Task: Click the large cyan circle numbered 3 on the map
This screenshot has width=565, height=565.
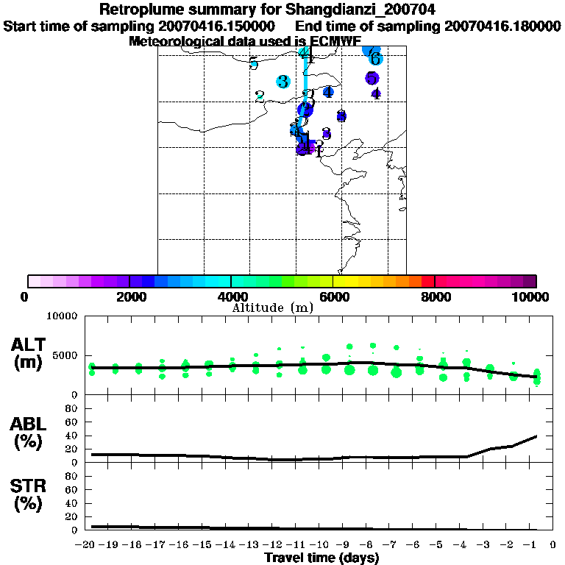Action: click(x=283, y=82)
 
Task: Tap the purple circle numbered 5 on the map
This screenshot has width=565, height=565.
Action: click(x=372, y=78)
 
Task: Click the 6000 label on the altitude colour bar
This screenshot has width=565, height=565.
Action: click(x=333, y=296)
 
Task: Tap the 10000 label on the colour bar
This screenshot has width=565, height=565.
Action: click(x=532, y=296)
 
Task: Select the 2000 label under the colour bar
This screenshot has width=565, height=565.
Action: click(x=129, y=296)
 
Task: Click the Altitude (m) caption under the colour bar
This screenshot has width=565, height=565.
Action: click(x=272, y=308)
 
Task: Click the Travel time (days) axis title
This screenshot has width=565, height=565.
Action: click(x=322, y=558)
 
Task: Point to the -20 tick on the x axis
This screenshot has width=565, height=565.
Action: click(x=87, y=544)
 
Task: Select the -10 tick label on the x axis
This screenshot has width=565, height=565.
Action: click(x=322, y=544)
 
